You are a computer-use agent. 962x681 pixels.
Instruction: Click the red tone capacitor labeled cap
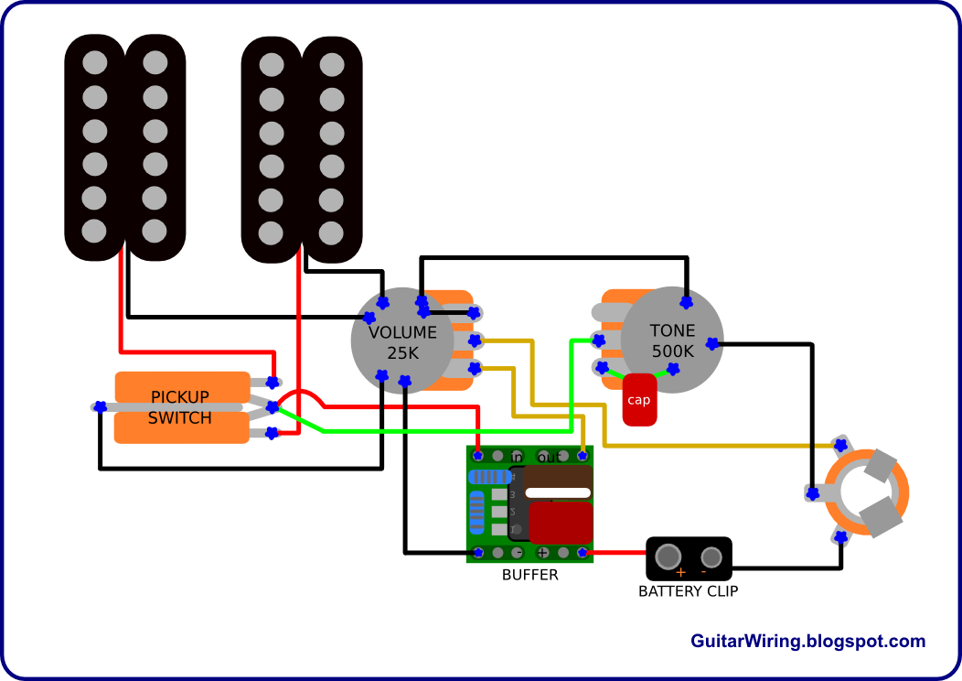(639, 400)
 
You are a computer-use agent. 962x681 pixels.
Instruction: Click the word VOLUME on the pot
(402, 332)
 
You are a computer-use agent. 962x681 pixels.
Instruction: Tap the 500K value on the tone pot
(672, 351)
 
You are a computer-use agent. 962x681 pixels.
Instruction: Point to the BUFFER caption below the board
(529, 575)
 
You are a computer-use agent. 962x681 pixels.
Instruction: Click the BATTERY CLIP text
(688, 590)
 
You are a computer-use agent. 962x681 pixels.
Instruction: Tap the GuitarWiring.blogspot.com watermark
(807, 642)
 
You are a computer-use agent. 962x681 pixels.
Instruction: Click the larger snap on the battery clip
(668, 556)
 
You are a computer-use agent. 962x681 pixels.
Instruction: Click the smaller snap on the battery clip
(711, 557)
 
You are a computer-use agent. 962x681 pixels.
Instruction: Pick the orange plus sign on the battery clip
(680, 572)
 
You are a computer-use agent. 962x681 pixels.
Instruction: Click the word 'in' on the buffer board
(517, 457)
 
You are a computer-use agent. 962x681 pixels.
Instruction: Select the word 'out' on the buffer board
(550, 457)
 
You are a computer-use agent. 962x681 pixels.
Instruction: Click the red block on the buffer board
(561, 523)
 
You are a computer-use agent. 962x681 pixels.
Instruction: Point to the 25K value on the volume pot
(402, 352)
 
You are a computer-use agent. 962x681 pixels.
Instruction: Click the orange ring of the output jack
(901, 499)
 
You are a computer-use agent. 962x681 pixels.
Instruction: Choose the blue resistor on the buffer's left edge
(476, 513)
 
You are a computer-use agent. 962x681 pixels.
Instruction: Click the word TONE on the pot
(672, 330)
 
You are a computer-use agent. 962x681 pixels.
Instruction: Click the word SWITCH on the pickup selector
(180, 418)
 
